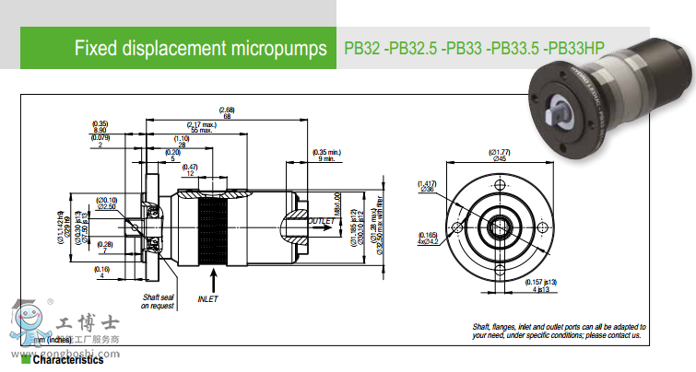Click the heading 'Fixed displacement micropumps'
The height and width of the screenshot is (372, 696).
click(200, 47)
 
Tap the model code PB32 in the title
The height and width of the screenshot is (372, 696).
click(360, 47)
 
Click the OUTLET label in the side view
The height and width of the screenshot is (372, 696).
click(322, 221)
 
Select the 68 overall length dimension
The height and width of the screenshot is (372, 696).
click(226, 115)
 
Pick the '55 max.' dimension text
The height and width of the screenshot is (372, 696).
click(201, 131)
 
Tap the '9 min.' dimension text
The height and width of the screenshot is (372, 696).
click(326, 159)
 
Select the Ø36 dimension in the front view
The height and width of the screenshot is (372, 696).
click(427, 191)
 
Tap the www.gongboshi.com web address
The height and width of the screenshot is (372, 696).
click(65, 353)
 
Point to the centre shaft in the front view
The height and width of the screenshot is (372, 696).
click(500, 227)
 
